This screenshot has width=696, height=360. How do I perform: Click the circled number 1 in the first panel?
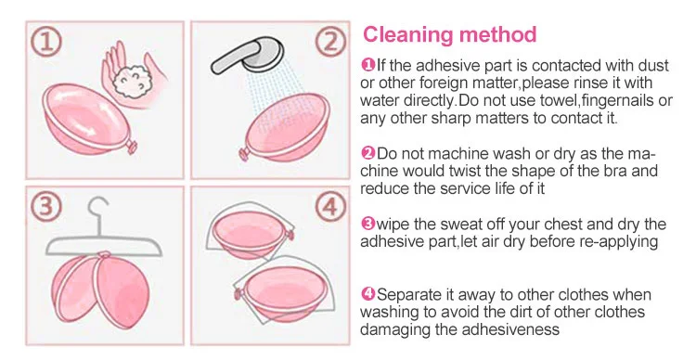[x=46, y=42]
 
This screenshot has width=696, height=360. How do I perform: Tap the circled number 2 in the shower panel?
[x=329, y=42]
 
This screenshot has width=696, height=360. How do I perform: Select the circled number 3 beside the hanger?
[x=46, y=206]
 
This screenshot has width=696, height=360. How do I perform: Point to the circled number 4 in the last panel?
[x=329, y=206]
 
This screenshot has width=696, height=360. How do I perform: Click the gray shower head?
[x=247, y=55]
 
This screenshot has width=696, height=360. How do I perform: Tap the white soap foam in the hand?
[x=132, y=82]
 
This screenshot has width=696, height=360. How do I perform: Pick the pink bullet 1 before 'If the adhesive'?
[x=368, y=65]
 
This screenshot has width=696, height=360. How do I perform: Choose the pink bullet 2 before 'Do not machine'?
[x=368, y=153]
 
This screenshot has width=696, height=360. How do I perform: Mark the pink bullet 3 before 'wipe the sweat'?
[x=368, y=224]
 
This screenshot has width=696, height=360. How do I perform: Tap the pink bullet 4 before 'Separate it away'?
[x=368, y=294]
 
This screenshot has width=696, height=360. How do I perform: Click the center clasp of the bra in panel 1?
[x=132, y=147]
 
